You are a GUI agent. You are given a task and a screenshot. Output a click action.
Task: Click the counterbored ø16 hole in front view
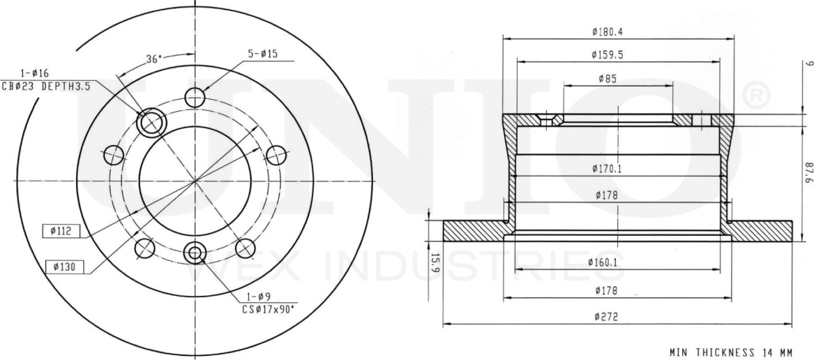(151, 123)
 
